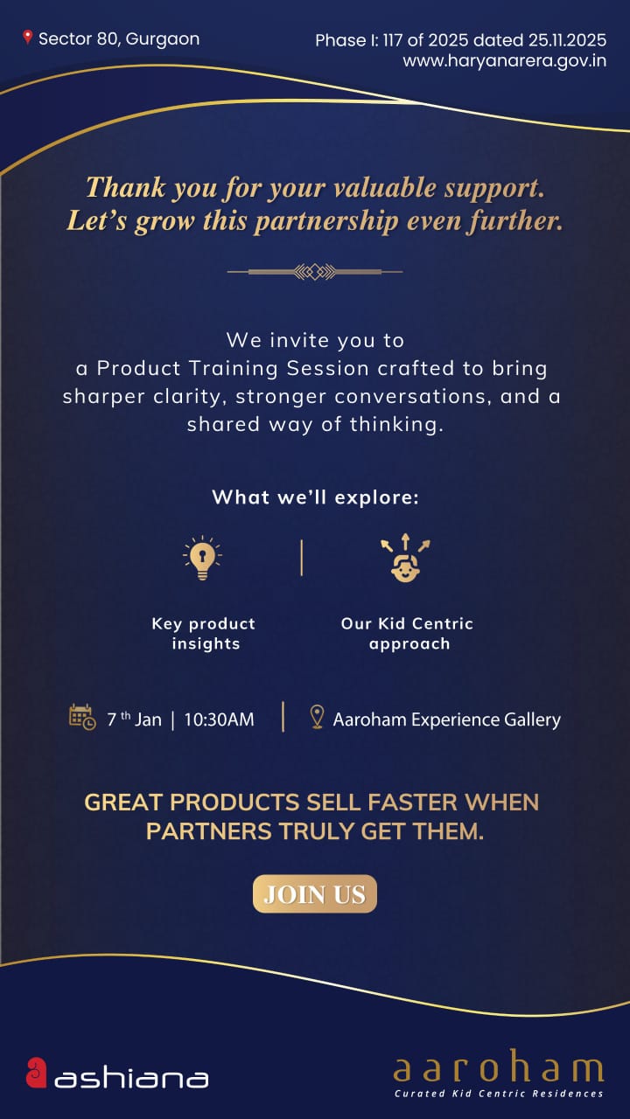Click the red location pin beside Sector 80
point(28,38)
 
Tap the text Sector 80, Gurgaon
point(119,38)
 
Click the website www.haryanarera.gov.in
point(504,61)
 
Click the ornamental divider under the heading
point(315,272)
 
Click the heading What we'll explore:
point(315,497)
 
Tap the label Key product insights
point(204,634)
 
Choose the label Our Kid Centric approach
point(408,634)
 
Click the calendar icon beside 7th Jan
point(82,718)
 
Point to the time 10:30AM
point(219,719)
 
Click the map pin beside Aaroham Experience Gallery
point(318,718)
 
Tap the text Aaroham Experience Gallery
point(446,719)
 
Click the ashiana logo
point(117,1074)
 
